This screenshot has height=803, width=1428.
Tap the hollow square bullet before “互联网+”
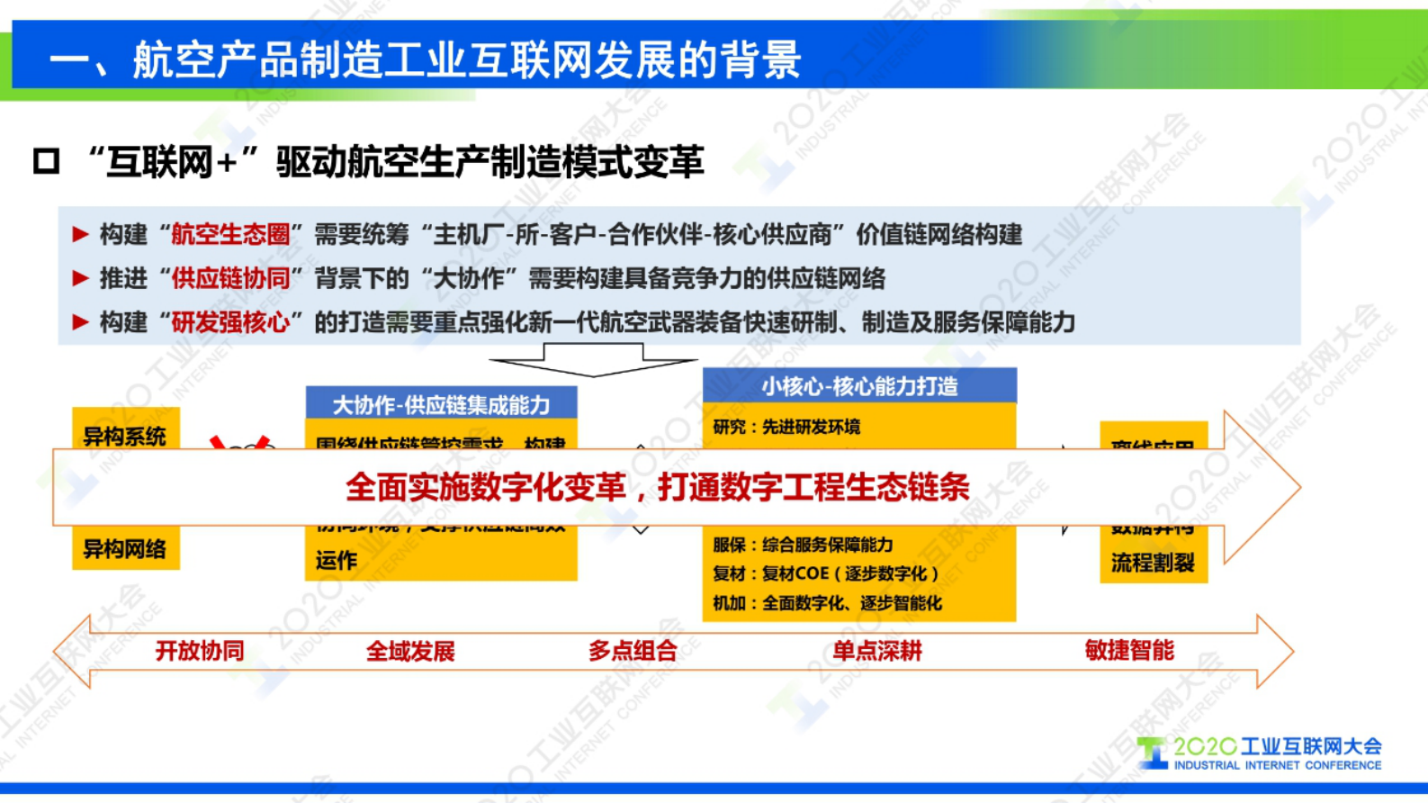[46, 162]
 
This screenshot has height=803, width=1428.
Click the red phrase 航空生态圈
[230, 235]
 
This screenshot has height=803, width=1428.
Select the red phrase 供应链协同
[230, 278]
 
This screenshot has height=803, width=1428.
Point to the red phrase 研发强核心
[230, 322]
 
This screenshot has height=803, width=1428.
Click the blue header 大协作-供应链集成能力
[441, 404]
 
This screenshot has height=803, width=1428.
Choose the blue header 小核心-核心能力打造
[859, 386]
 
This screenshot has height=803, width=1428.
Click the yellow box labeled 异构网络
[125, 549]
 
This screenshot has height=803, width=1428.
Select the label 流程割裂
[1153, 563]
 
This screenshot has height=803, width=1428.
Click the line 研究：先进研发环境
[786, 427]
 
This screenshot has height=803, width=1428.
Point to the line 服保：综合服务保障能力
[803, 545]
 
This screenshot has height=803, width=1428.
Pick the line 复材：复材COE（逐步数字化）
[825, 573]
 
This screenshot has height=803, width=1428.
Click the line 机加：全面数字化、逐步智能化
[827, 603]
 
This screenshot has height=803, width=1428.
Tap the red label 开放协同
[200, 651]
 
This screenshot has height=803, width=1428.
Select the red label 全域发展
[410, 651]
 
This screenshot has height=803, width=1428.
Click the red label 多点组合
[633, 651]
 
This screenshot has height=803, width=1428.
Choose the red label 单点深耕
[877, 651]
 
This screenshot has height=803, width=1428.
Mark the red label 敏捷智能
[1129, 651]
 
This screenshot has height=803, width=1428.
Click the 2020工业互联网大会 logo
[1260, 753]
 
